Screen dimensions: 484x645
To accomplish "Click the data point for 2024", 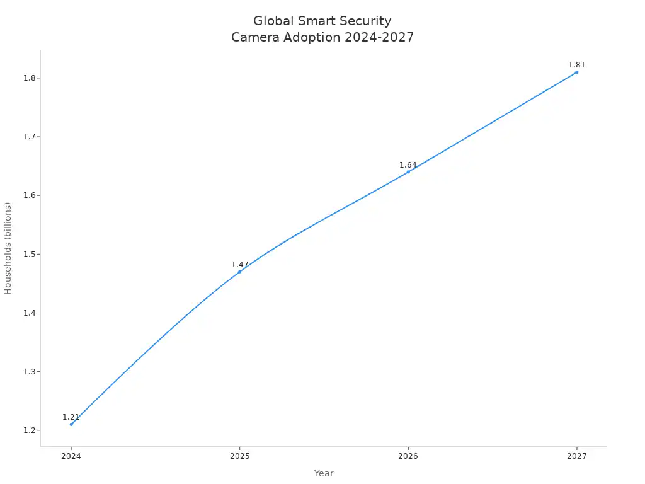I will click(x=71, y=424).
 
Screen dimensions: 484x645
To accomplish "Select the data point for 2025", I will click(x=239, y=272).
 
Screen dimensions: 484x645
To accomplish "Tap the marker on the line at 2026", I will click(x=408, y=171).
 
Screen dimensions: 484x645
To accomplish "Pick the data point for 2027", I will click(x=576, y=72).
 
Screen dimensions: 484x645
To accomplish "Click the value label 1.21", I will click(x=71, y=417).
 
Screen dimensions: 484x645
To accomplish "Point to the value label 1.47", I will click(x=239, y=265).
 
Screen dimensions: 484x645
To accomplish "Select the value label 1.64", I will click(x=408, y=165).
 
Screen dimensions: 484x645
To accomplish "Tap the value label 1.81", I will click(x=576, y=65).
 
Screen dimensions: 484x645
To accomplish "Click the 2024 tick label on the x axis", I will click(x=71, y=456).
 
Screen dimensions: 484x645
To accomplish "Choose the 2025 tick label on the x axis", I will click(x=239, y=456).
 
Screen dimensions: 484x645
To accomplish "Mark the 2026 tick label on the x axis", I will click(x=408, y=456).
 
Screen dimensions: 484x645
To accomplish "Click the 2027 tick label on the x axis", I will click(x=576, y=456).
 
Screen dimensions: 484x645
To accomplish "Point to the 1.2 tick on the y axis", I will click(x=30, y=430).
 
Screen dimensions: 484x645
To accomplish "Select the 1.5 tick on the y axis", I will click(x=30, y=254).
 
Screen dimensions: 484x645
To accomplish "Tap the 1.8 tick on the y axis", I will click(x=30, y=78).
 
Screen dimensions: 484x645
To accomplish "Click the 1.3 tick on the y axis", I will click(x=30, y=372).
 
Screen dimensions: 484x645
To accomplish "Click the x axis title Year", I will click(x=324, y=473).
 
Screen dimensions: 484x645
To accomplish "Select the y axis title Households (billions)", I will click(x=8, y=248).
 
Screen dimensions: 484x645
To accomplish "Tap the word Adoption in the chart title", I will click(x=314, y=38).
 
